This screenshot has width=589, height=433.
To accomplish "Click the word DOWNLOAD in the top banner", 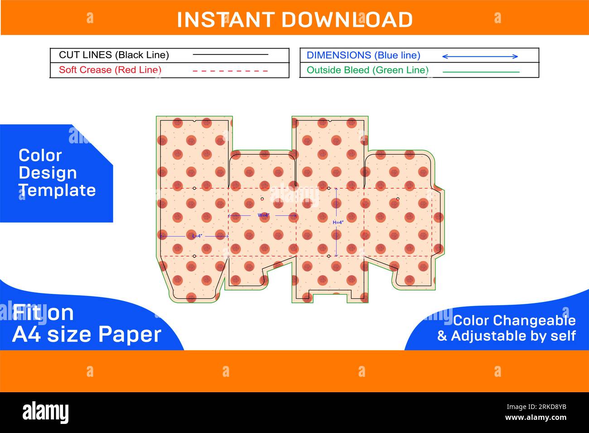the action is coord(347,19).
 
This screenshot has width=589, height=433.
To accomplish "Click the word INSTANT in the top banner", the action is coord(226,19).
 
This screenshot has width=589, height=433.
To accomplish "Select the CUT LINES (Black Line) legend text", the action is coord(114,55).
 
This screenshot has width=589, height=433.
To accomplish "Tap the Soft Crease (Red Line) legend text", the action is coord(110,70).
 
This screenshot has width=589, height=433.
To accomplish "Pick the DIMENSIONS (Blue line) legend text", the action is coord(363,55).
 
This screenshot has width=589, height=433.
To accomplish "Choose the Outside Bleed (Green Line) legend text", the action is coord(367,70).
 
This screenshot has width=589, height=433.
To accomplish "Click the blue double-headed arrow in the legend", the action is coord(480,56).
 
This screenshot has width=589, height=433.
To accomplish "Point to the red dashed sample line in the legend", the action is coord(230,71).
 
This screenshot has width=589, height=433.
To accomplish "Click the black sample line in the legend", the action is coord(230,54).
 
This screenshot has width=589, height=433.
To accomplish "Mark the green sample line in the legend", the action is coord(481,72).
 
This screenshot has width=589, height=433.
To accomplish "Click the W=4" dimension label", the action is coord(264,215).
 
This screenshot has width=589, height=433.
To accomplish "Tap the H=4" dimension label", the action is coord(338,223).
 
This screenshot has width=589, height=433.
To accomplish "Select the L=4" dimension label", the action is coord(197,236).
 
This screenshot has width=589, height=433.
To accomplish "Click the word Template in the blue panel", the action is coord(57,190).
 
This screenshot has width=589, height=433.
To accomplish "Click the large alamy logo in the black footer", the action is coord(45,412).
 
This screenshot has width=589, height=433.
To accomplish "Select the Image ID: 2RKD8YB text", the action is coord(536,407).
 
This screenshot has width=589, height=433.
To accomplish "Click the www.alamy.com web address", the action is coord(536,418).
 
